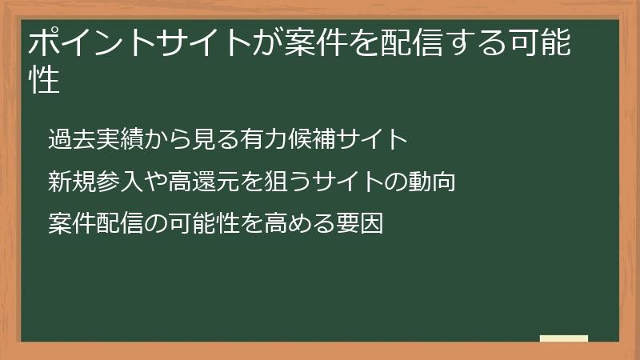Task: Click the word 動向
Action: pos(433,182)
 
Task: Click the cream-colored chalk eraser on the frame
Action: pos(563,338)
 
